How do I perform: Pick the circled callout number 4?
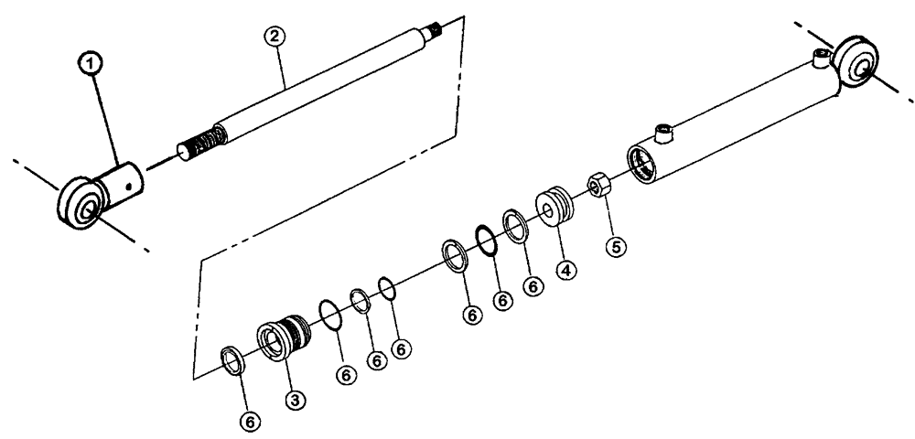click(x=567, y=270)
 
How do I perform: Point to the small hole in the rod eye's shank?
click(x=135, y=187)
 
